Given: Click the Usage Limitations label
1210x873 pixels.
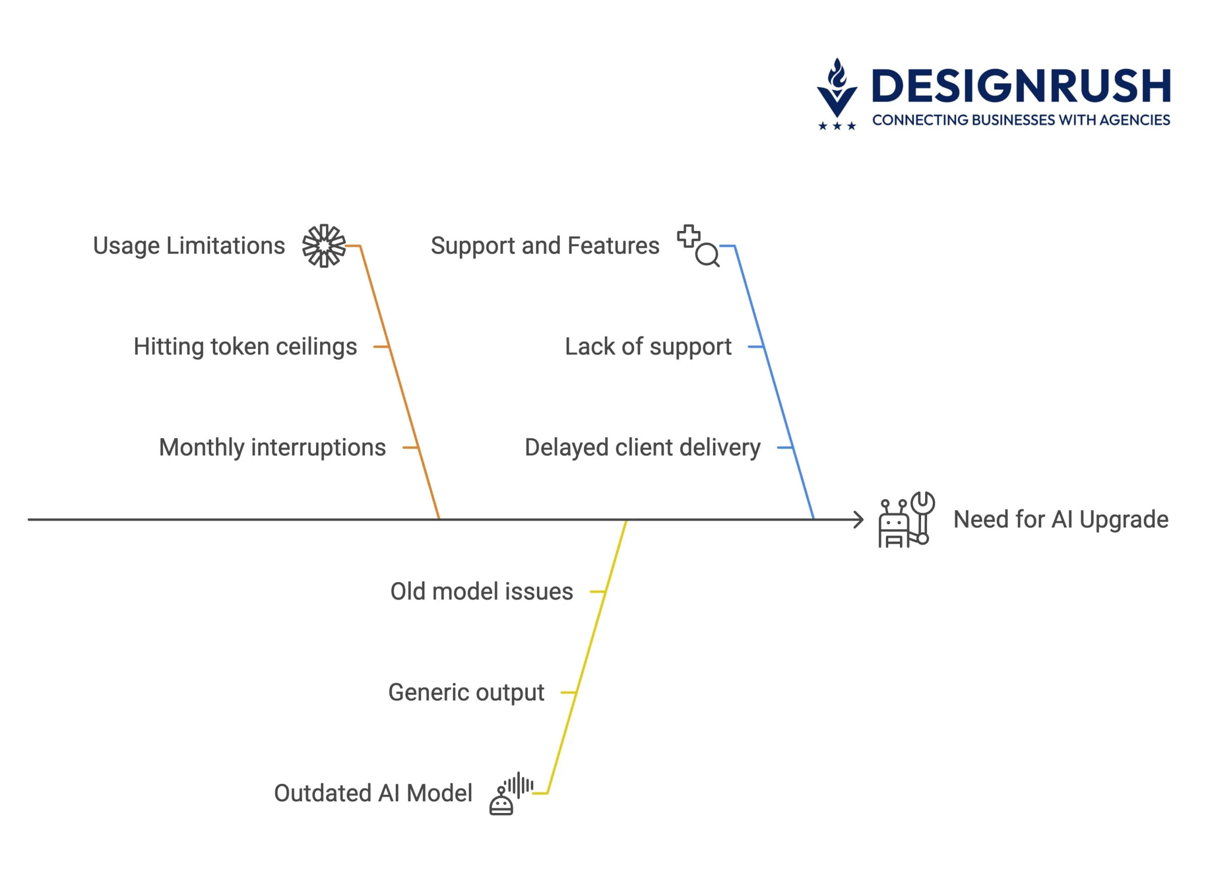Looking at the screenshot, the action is [189, 247].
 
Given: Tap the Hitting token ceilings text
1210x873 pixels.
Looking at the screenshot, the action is [245, 347].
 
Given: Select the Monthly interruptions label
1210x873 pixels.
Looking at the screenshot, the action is [272, 448].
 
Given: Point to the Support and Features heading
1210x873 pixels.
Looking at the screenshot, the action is [544, 247].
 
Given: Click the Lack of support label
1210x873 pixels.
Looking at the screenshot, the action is [648, 347].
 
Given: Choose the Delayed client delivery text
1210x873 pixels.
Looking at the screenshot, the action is [642, 448].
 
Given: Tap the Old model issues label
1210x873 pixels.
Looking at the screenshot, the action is [482, 592].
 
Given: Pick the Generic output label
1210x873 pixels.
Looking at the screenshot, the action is [466, 692].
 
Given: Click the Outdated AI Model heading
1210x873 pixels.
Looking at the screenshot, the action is [373, 793].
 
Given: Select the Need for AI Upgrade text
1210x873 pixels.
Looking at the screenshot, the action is [1061, 520].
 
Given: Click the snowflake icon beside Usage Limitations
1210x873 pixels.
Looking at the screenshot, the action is [324, 246].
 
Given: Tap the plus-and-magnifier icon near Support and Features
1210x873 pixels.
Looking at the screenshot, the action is [698, 246].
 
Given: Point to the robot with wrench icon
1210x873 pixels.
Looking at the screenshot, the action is [906, 520].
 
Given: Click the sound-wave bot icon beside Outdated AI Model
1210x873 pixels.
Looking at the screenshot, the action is [511, 793].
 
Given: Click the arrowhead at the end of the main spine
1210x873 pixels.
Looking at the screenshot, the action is [859, 520].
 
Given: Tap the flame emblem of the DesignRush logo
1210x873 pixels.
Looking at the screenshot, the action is [837, 88].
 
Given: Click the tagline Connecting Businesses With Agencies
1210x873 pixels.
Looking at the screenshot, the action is [1021, 120].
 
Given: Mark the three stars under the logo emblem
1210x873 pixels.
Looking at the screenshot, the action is [837, 126].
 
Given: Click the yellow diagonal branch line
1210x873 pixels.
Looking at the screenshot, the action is [587, 657].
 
